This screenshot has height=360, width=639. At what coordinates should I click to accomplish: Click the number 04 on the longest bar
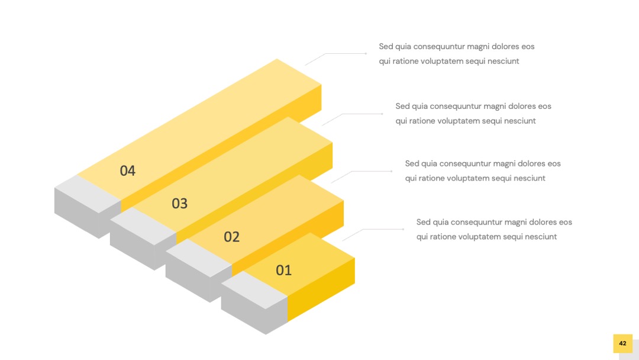pyautogui.click(x=128, y=171)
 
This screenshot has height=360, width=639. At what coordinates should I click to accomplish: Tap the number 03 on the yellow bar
pyautogui.click(x=179, y=203)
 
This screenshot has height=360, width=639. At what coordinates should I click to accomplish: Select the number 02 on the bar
pyautogui.click(x=231, y=236)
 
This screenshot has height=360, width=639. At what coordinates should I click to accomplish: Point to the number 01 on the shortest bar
pyautogui.click(x=283, y=270)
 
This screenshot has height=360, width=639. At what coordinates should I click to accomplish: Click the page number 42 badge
pyautogui.click(x=622, y=343)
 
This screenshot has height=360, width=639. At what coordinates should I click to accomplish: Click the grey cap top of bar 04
pyautogui.click(x=88, y=194)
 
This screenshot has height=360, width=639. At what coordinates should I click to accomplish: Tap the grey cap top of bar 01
pyautogui.click(x=254, y=290)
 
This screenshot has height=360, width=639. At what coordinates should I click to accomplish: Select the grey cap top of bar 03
pyautogui.click(x=143, y=226)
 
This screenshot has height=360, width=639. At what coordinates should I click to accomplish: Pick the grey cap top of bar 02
pyautogui.click(x=199, y=258)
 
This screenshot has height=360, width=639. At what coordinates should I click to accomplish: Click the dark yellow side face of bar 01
pyautogui.click(x=321, y=290)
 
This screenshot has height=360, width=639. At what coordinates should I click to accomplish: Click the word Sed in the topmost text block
pyautogui.click(x=386, y=46)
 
